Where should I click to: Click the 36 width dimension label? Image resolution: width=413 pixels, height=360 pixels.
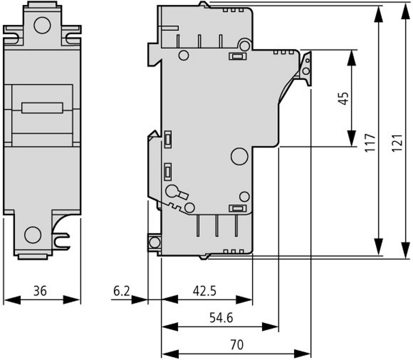pos(40,291)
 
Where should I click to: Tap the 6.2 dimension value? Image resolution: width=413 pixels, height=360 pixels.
pos(121,291)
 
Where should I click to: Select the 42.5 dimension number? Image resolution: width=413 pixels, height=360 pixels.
pos(204,291)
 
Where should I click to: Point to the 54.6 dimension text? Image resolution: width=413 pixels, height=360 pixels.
pos(221,318)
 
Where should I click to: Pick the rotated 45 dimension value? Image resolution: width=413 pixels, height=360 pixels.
pos(344,98)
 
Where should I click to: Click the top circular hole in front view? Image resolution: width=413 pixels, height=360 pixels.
pos(42,25)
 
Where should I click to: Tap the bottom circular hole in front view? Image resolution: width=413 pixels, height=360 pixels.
pos(33,234)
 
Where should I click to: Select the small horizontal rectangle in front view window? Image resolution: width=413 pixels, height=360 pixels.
pos(42,108)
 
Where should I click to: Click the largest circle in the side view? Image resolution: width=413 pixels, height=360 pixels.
pos(240,156)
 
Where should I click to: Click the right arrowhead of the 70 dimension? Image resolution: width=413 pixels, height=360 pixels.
pos(303,353)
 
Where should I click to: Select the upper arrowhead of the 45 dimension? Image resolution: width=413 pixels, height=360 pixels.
pos(351,58)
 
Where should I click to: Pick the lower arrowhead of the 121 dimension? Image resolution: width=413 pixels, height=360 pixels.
pos(406,250)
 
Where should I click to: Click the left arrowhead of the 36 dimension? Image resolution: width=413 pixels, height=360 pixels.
pos(13,300)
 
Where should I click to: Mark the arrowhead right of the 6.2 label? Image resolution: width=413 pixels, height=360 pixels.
pos(140,300)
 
